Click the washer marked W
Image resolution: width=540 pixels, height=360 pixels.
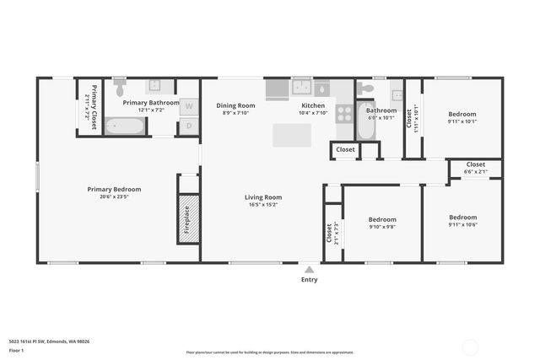click(x=189, y=106)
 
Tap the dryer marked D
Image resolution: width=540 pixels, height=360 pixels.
click(x=189, y=126)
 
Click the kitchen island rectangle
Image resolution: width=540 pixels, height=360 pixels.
click(x=291, y=135)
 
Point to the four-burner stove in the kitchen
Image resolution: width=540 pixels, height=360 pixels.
click(x=344, y=113)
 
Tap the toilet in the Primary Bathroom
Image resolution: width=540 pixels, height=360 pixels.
click(x=120, y=88)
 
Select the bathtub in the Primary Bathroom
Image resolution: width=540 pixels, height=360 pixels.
click(x=126, y=126)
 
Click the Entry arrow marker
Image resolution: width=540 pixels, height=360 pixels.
click(x=310, y=270)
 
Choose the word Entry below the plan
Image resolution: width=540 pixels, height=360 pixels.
click(x=310, y=280)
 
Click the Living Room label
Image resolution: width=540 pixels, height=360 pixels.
click(x=264, y=197)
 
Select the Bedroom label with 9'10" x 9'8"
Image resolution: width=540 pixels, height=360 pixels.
click(x=382, y=219)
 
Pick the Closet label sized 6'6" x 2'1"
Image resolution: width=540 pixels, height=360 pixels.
click(x=475, y=164)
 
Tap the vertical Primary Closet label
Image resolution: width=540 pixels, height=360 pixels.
click(x=94, y=105)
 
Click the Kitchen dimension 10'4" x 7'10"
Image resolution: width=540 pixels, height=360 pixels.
click(x=313, y=113)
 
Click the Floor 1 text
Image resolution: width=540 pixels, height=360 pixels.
click(x=16, y=350)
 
